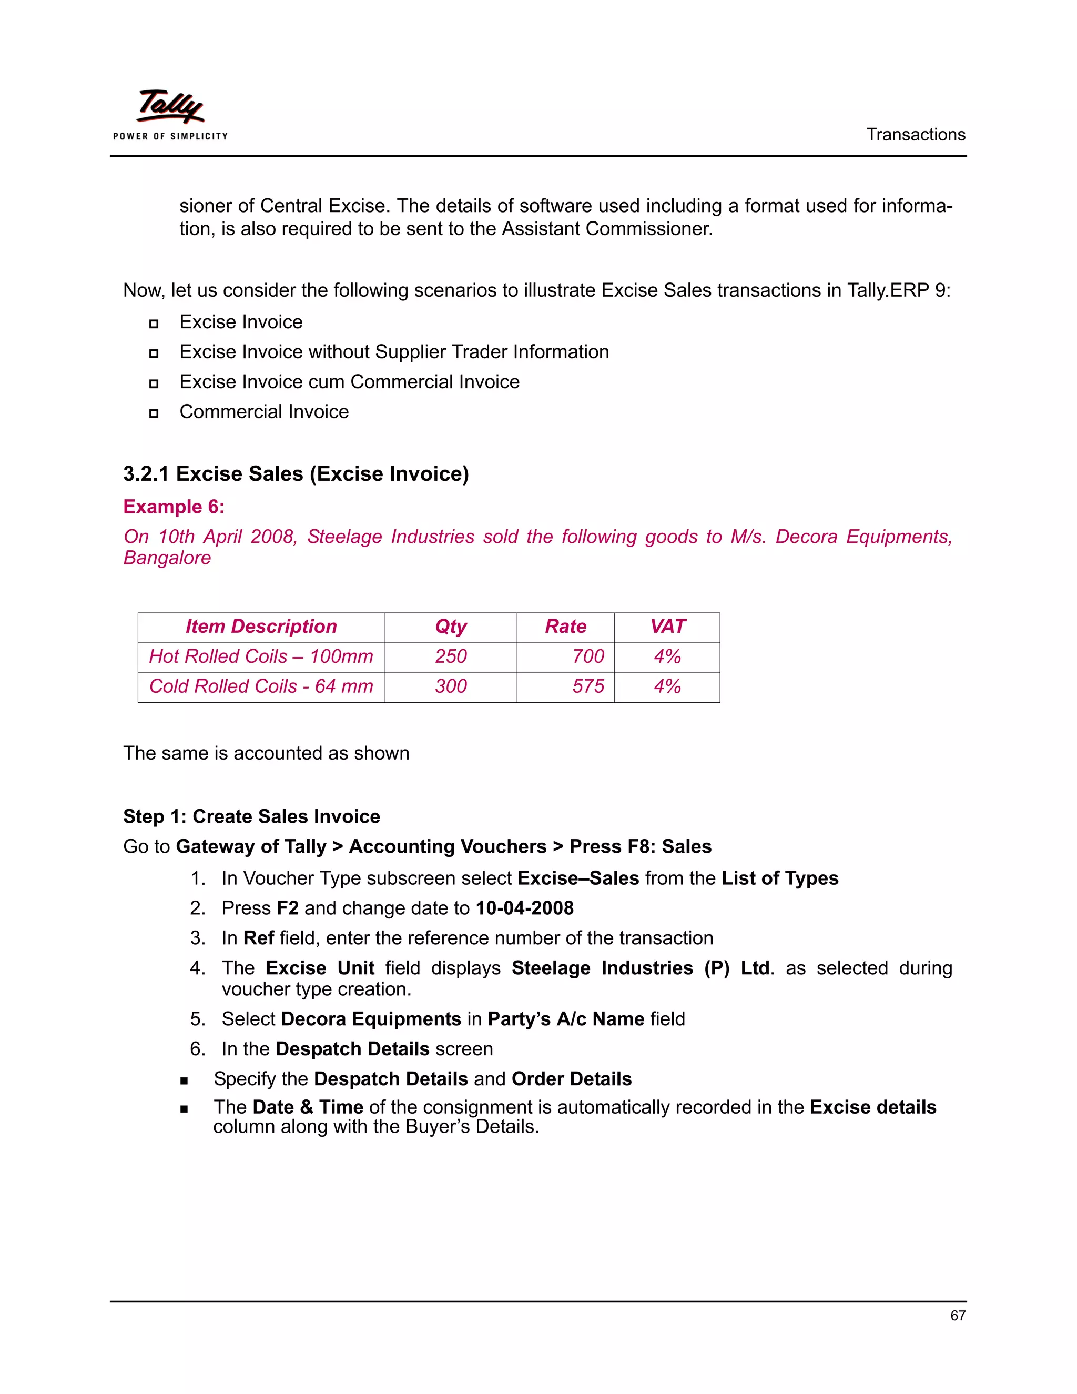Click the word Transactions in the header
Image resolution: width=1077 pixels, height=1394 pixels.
click(915, 135)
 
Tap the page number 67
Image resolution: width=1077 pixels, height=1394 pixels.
click(957, 1316)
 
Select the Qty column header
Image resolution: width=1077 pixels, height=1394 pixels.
click(451, 627)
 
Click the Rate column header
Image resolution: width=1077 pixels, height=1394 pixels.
click(565, 627)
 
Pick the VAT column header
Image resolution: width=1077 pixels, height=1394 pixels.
click(667, 627)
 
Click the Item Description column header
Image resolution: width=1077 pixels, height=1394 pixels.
click(261, 627)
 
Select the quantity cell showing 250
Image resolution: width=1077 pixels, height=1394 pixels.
click(451, 657)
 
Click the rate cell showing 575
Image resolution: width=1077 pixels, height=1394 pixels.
click(587, 687)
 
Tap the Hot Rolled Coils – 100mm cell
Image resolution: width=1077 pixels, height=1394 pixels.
click(261, 657)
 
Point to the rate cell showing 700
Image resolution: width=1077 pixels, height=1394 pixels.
click(587, 657)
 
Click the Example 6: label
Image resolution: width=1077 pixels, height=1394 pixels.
click(174, 507)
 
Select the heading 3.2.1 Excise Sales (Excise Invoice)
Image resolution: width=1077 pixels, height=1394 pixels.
click(296, 474)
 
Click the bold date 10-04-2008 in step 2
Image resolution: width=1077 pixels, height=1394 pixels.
click(524, 908)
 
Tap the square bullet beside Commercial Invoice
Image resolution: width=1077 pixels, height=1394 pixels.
click(154, 413)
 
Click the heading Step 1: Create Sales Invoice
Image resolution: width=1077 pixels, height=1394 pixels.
click(251, 817)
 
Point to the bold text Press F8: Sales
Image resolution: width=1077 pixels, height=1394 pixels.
click(640, 847)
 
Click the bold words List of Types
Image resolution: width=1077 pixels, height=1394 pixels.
click(780, 879)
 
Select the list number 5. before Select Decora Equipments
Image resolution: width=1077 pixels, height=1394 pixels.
click(197, 1019)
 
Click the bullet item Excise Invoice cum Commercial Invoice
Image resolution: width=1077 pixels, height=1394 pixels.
click(349, 382)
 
